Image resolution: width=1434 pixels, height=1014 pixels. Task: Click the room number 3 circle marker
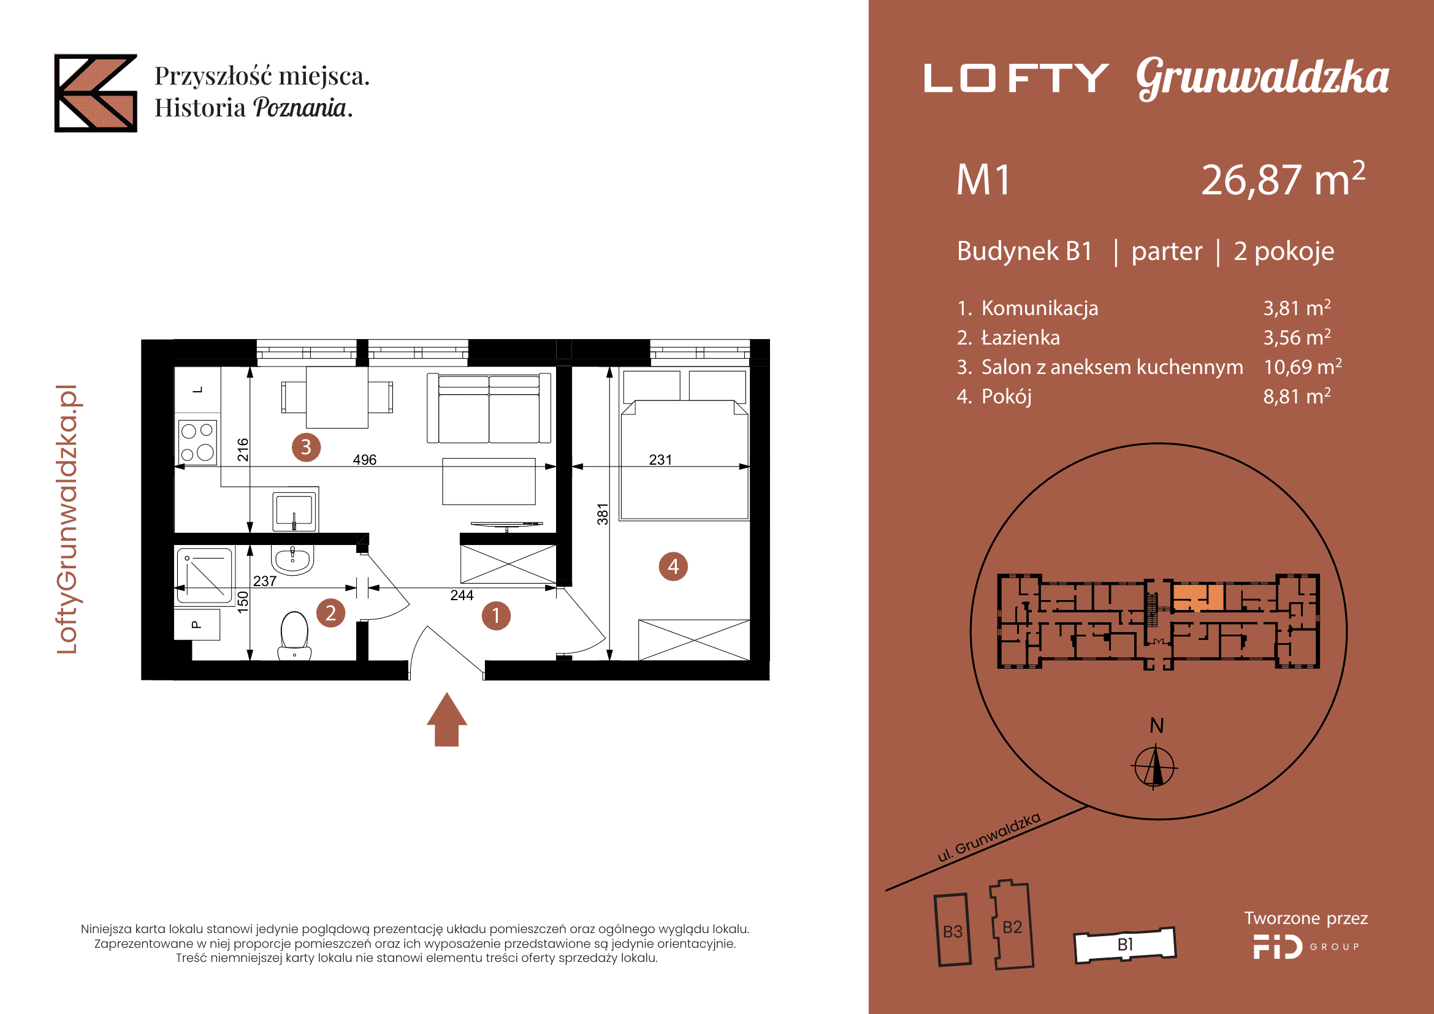click(306, 447)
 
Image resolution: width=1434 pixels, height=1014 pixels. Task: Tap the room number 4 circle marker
click(673, 566)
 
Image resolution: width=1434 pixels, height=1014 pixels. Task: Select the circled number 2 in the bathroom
click(330, 612)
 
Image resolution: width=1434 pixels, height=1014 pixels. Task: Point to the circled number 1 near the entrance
click(496, 616)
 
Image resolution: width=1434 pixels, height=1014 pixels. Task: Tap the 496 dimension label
click(365, 460)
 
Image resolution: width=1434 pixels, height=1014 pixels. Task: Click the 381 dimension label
click(602, 514)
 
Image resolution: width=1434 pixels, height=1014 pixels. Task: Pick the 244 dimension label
click(462, 595)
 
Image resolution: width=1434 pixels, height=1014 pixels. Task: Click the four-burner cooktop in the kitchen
click(198, 442)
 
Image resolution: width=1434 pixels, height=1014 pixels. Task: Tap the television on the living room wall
click(506, 525)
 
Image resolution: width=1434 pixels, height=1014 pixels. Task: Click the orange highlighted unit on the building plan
click(1198, 597)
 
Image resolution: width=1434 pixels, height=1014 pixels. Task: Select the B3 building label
click(953, 932)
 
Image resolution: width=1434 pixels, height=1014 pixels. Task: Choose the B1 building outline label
click(1126, 944)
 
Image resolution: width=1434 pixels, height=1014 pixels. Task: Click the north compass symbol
click(1155, 766)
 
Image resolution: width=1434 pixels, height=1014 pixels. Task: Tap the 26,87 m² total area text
click(1283, 179)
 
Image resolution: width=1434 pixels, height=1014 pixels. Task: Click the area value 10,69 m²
click(1303, 367)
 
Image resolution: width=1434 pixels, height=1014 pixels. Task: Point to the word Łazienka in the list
click(1021, 337)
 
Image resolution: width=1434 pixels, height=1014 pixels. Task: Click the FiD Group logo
click(1306, 947)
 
